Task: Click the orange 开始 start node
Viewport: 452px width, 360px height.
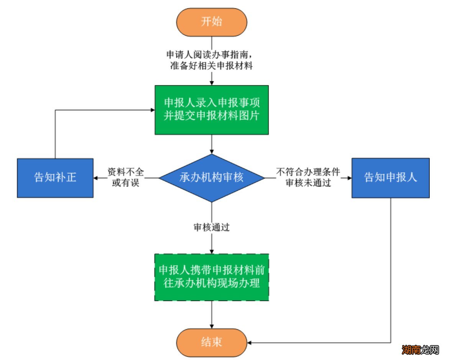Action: coord(212,21)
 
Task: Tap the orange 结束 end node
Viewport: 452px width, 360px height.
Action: coord(212,342)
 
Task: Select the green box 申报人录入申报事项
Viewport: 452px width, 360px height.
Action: coord(212,110)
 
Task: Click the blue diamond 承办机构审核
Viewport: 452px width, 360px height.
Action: coord(212,178)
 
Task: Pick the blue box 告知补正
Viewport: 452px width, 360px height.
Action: coord(55,178)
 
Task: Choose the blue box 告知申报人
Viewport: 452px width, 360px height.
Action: coord(390,178)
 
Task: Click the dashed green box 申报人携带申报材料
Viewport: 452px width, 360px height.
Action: coord(212,277)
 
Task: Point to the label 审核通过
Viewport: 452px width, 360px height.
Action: coord(212,227)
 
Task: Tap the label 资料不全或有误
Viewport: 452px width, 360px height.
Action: coord(126,177)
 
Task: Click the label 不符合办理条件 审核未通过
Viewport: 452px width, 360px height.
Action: coord(308,177)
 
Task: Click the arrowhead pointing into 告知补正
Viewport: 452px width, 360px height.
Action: coord(96,178)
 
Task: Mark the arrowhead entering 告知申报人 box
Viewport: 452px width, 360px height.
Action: coord(348,178)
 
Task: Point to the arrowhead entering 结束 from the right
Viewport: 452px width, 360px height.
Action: coord(250,342)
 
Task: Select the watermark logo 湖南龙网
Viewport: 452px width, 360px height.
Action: coord(420,349)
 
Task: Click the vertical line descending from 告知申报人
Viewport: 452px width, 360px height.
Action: coord(391,268)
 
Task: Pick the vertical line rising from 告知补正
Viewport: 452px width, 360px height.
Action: coord(55,134)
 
